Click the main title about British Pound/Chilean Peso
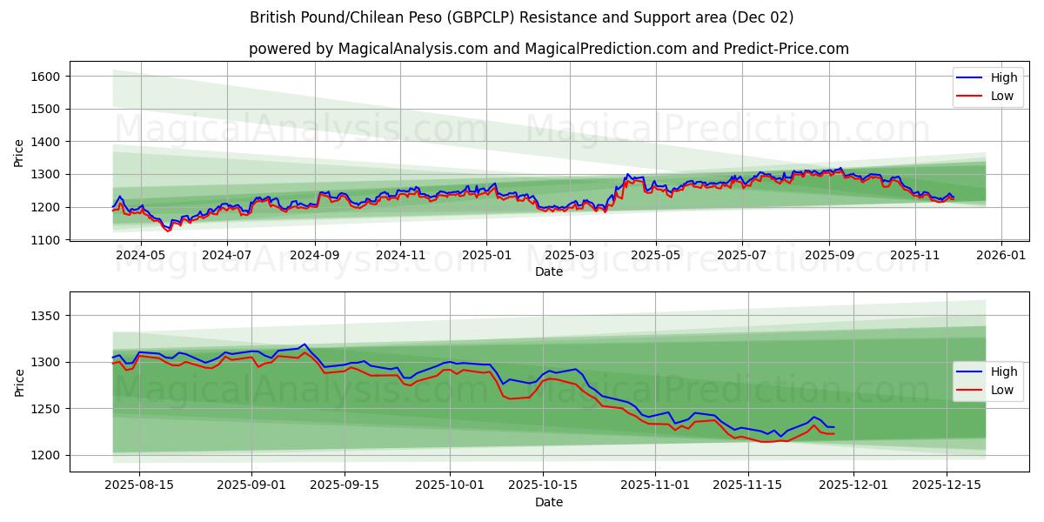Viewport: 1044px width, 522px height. [522, 17]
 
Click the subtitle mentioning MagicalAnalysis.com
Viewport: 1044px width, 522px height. [548, 49]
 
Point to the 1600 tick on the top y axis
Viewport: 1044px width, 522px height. [45, 77]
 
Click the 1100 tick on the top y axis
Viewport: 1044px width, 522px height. [45, 240]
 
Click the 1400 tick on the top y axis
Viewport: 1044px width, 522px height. [45, 142]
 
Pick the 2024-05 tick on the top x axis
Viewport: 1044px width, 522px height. [140, 256]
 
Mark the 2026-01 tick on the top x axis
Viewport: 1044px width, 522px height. [1000, 256]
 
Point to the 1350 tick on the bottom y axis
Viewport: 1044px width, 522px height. [45, 316]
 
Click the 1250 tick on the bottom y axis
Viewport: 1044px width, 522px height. [45, 409]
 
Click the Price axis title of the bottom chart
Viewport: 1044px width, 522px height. [19, 382]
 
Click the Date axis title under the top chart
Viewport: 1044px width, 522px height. [548, 271]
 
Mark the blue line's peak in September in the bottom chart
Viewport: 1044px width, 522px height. [304, 345]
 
